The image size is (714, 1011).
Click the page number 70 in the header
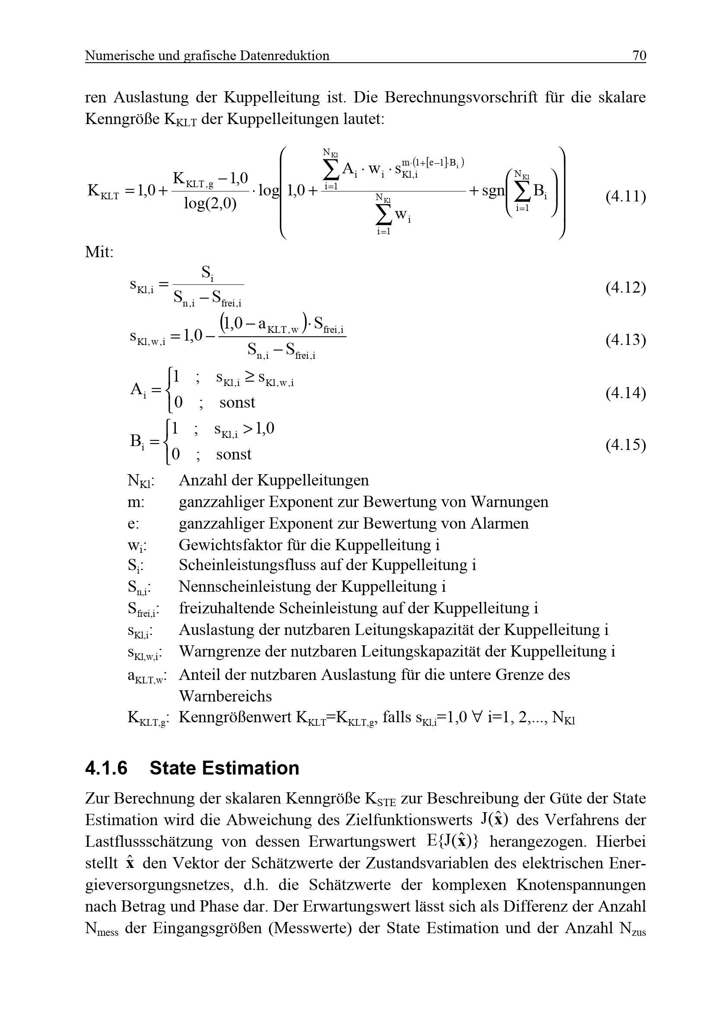coord(639,55)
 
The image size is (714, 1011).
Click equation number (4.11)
coord(625,196)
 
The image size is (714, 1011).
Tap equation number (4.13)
coord(625,340)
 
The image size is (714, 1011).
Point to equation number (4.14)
coord(625,393)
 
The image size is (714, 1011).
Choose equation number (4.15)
coord(625,445)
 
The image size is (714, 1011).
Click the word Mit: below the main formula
coord(99,252)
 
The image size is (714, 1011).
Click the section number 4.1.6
coord(106,768)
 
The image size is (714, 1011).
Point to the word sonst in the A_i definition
coord(237,402)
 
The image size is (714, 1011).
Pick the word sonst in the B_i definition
coord(234,454)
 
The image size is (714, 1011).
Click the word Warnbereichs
coord(225,696)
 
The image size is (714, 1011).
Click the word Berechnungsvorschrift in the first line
coord(461,97)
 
